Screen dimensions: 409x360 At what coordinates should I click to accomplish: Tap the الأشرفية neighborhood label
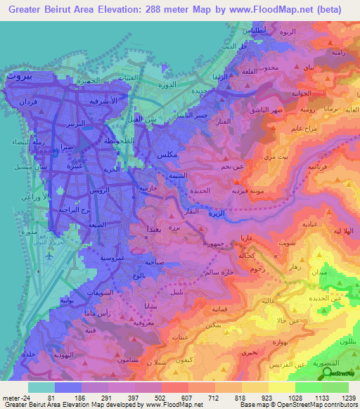[87, 100]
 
